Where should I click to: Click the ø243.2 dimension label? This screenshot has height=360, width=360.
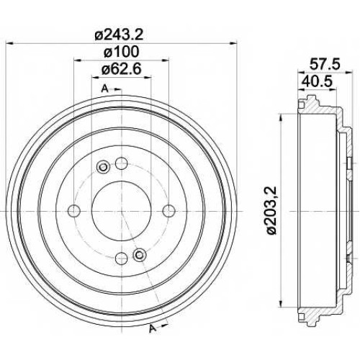tap(119, 35)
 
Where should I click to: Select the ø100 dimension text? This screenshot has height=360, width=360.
tap(121, 52)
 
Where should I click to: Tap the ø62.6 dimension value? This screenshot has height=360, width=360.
tap(121, 69)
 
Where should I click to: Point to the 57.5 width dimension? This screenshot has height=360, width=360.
tap(325, 64)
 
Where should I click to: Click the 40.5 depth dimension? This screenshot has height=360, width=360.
tap(317, 81)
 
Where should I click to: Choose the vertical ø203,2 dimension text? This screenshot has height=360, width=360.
tap(272, 210)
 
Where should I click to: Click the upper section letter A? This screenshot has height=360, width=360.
tap(105, 89)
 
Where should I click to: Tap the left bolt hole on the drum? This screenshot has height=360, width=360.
tap(74, 210)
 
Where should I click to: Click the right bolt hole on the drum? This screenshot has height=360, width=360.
tap(168, 210)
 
